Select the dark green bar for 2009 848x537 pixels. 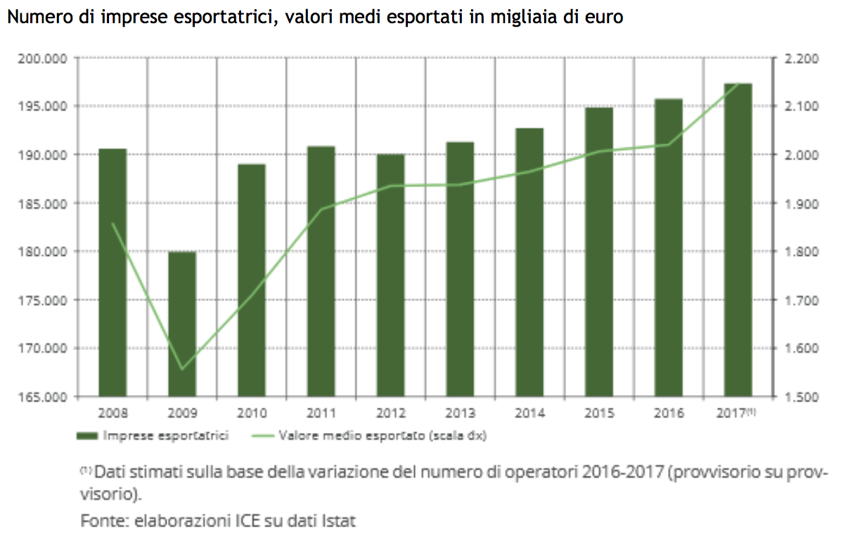point(182,324)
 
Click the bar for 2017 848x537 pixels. point(738,240)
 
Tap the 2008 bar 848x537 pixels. point(113,273)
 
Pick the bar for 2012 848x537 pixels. point(391,275)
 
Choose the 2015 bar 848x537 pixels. point(599,252)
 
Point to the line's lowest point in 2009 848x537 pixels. point(182,369)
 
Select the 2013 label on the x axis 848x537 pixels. point(460,413)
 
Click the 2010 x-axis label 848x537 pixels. point(252,413)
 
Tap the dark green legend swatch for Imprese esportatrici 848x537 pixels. point(87,436)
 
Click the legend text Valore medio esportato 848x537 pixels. point(352,436)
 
